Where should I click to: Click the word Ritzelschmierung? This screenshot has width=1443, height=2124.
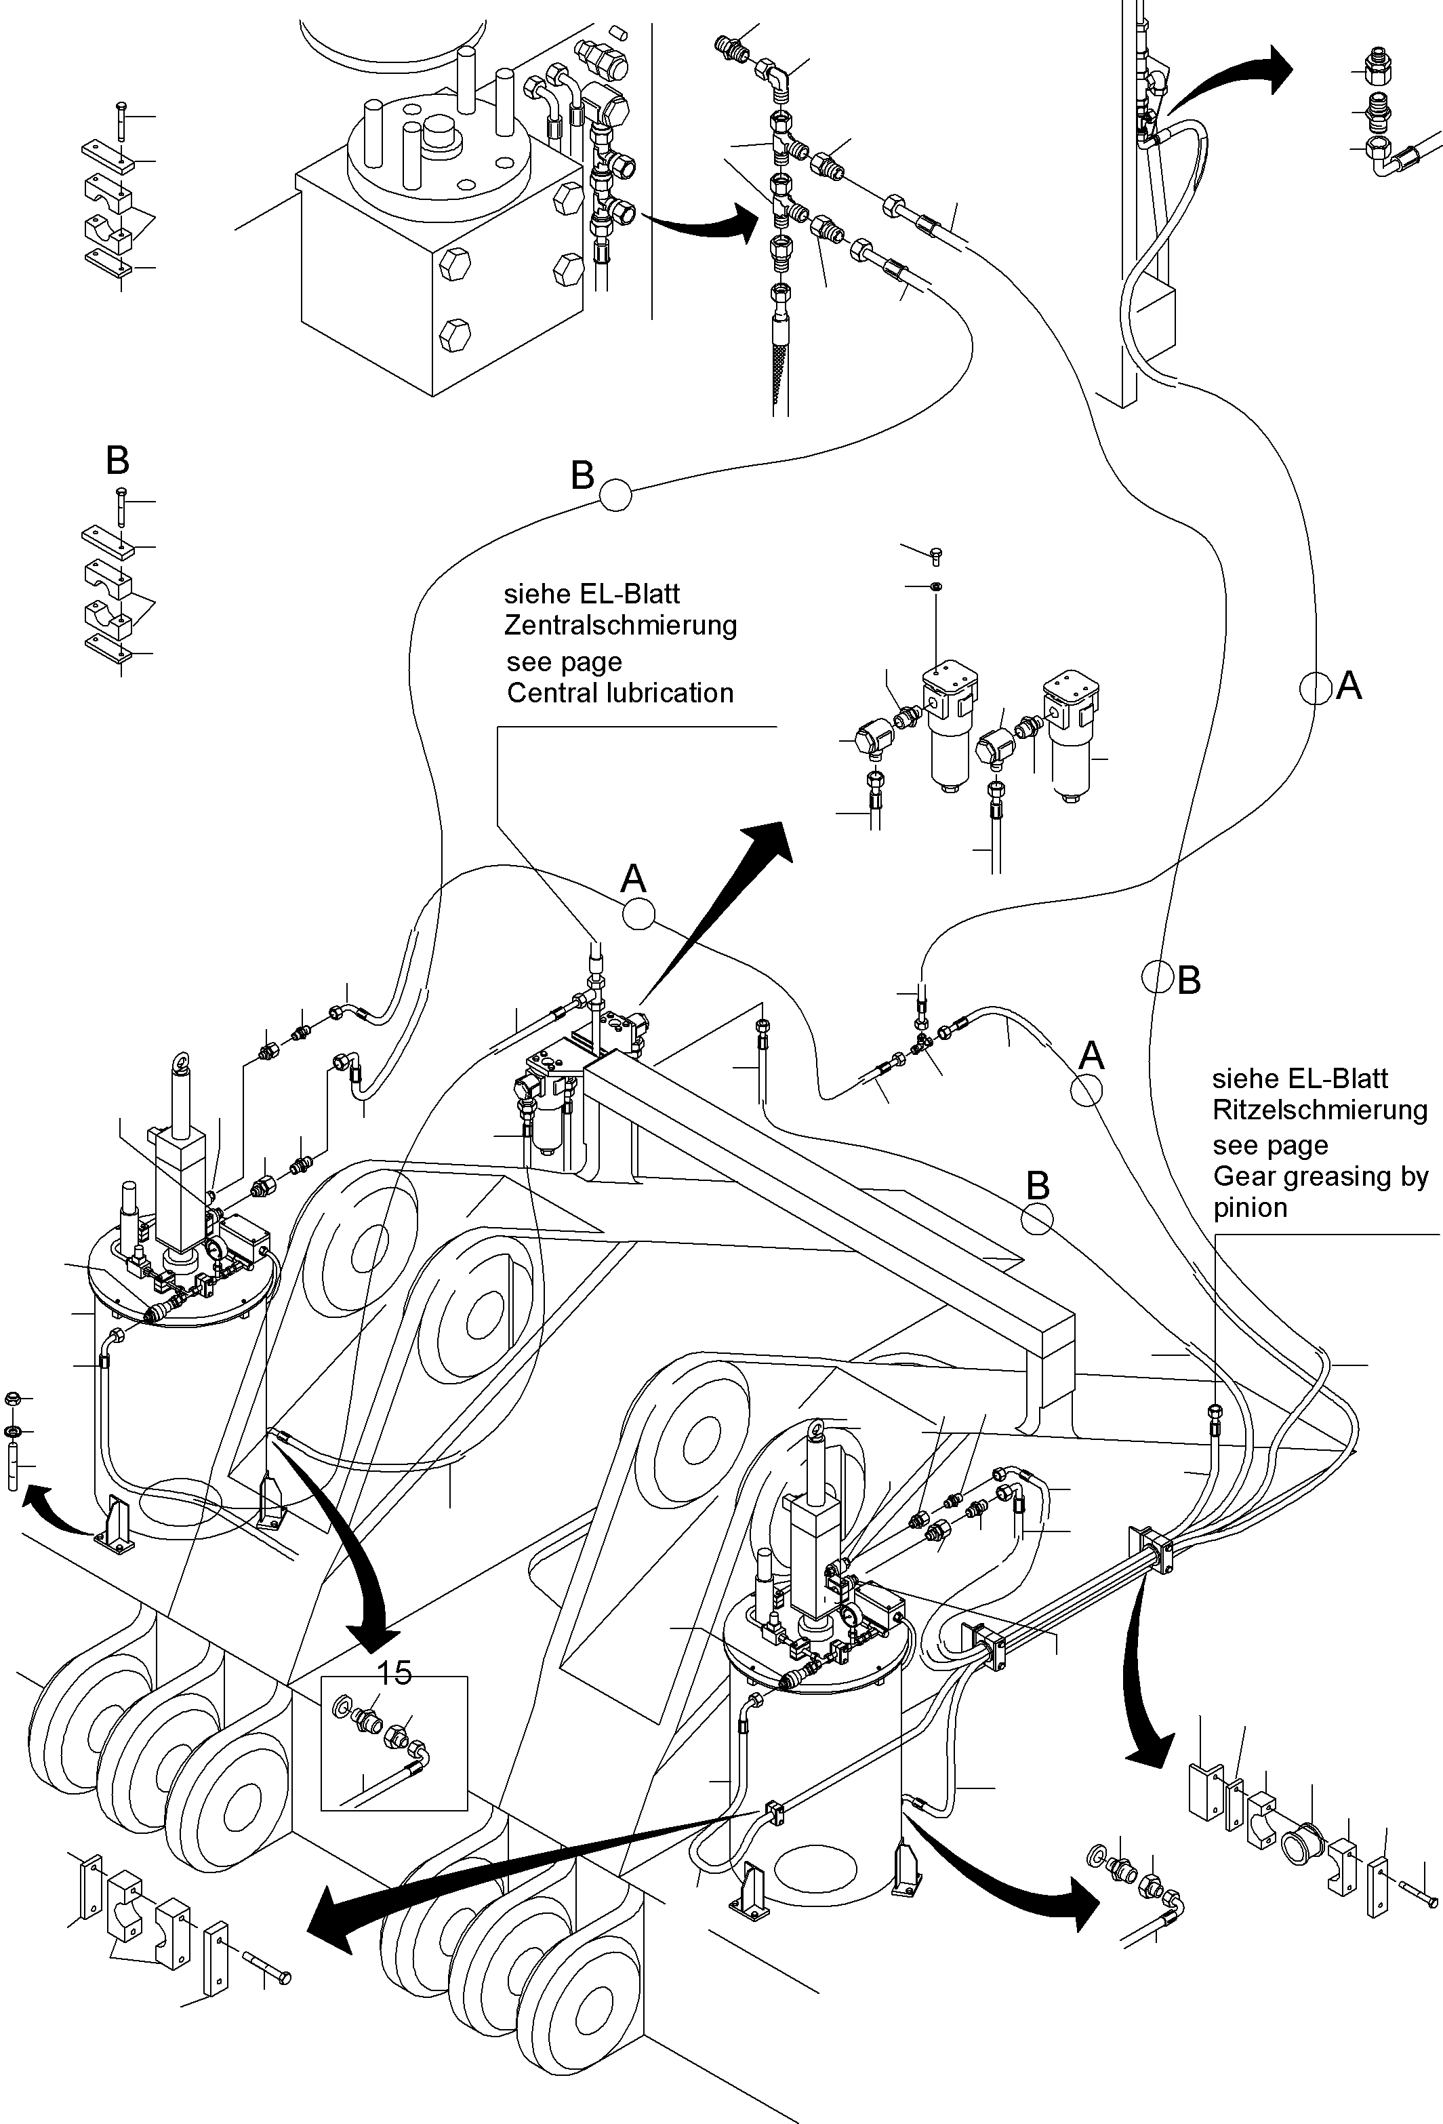pyautogui.click(x=1319, y=1110)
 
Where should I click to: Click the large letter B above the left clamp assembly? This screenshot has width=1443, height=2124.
pyautogui.click(x=117, y=460)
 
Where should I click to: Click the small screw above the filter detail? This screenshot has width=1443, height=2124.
pyautogui.click(x=934, y=554)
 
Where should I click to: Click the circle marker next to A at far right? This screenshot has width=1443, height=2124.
pyautogui.click(x=1315, y=688)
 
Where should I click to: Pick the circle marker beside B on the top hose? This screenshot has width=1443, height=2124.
pyautogui.click(x=615, y=494)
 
